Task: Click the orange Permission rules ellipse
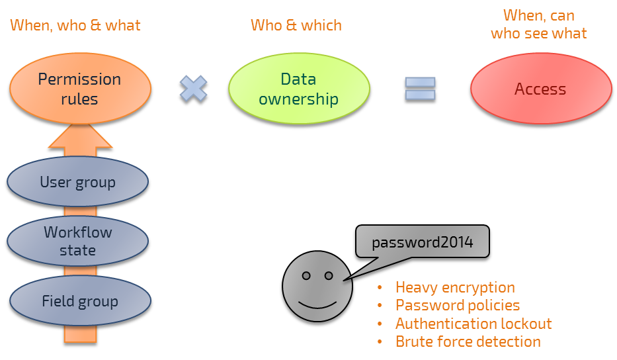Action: [79, 89]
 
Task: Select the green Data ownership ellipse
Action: [298, 89]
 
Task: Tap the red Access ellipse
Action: [540, 89]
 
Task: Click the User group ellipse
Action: [78, 183]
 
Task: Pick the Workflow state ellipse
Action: [78, 242]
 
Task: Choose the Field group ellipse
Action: [79, 302]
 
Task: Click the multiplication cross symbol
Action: [193, 89]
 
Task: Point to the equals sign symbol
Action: [420, 89]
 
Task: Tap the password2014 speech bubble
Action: [423, 243]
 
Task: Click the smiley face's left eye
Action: [307, 275]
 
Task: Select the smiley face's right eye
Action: [329, 275]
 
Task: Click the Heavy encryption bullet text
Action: [455, 288]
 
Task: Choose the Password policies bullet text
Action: [458, 306]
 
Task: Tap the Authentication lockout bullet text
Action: [473, 324]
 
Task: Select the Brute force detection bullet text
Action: [468, 342]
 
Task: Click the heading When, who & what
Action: [76, 26]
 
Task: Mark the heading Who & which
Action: [296, 26]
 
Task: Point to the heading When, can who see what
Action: [539, 24]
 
